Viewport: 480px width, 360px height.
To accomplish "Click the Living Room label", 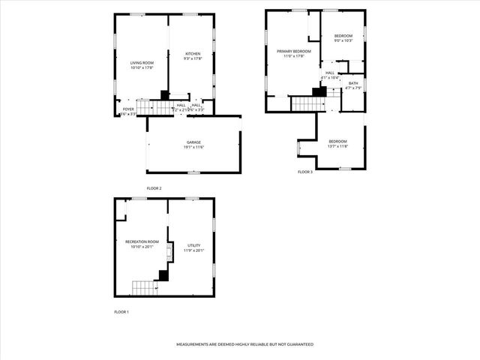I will pos(142,64).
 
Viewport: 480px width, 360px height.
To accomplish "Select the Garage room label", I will pos(194,142).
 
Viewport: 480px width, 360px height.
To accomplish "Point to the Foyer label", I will pos(128,109).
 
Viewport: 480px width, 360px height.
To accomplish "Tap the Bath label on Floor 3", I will pos(352,83).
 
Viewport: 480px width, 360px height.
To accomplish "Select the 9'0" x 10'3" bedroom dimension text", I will pos(343,40).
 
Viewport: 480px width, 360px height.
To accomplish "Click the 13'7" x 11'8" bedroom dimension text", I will pos(337,146).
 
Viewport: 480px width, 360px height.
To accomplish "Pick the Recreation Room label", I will pos(142,241).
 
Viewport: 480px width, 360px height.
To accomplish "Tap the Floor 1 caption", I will pos(121,311).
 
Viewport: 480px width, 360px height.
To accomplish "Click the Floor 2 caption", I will pos(154,187).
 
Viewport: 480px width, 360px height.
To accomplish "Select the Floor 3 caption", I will pos(304,172).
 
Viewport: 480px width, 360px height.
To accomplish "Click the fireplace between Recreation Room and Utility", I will pos(169,248).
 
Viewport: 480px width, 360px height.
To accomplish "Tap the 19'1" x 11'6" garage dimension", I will pos(194,147).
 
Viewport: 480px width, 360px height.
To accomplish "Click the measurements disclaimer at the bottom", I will pos(244,344).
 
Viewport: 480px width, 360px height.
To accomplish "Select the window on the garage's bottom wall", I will pos(193,172).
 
